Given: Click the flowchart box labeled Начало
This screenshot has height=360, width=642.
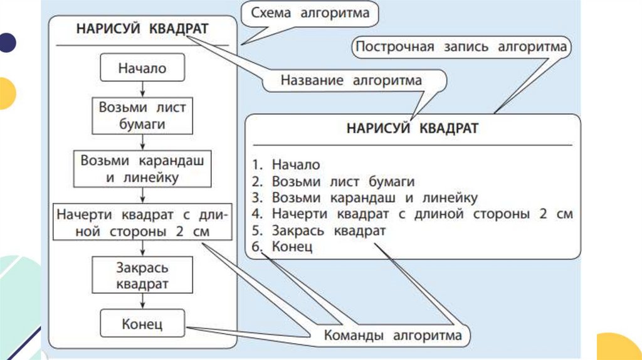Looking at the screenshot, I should pos(142,68).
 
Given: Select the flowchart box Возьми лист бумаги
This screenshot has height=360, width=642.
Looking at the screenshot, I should pos(142,115).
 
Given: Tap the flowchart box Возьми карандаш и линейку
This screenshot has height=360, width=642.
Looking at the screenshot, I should pos(142,168).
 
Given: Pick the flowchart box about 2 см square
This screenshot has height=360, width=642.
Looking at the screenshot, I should pos(142,223).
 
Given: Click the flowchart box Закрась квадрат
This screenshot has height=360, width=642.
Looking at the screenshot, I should pos(142,275).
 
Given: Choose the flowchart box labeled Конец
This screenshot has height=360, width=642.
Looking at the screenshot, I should pos(142,324).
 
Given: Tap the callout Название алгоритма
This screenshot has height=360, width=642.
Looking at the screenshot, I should pos(351,80).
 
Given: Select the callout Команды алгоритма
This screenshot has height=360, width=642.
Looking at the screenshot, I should pos(392,335).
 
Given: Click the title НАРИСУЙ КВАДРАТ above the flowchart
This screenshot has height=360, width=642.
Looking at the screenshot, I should pos(142,29).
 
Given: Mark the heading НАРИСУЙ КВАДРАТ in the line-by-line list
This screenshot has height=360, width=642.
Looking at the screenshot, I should pos(412,129).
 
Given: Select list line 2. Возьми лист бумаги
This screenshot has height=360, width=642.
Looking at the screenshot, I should pos(334,182).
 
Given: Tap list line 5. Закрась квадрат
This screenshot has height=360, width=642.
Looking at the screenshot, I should pos(319,231).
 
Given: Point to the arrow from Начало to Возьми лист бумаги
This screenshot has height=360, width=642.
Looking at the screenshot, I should pos(142,89).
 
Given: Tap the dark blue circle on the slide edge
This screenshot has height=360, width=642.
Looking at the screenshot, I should pos(7,43).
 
